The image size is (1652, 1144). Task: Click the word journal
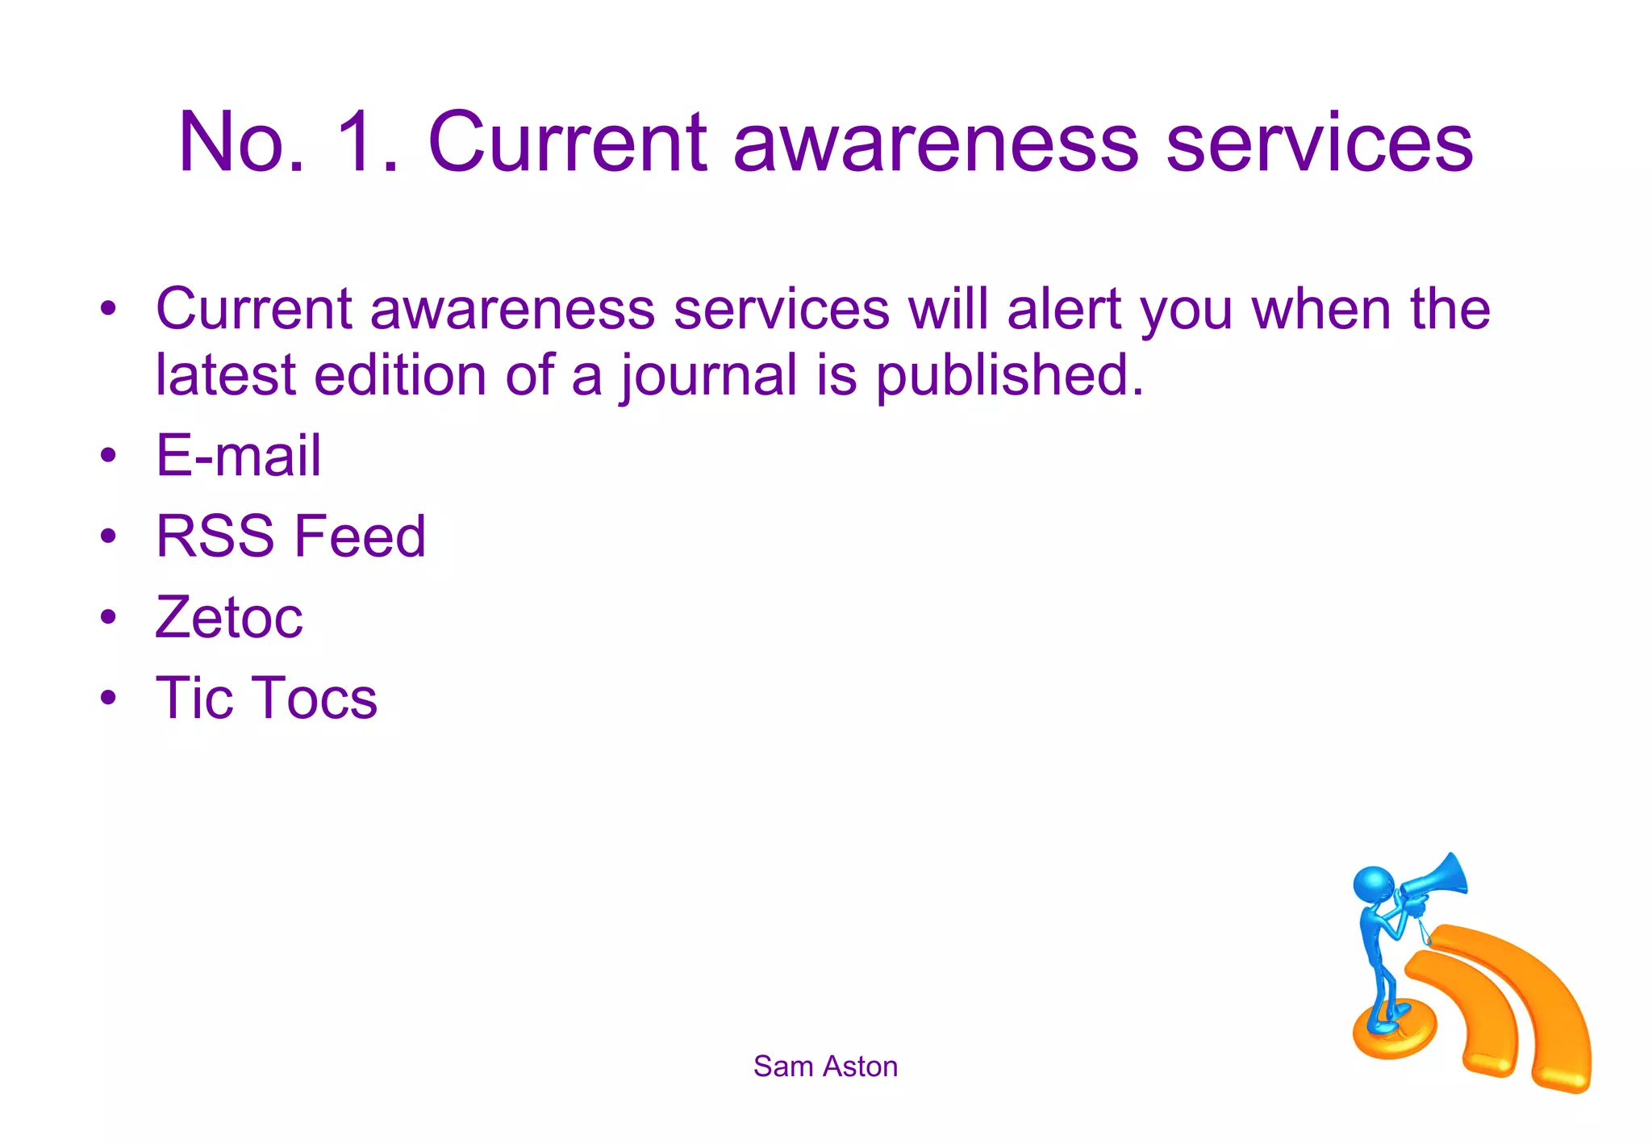pos(708,377)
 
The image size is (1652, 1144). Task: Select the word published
pos(1009,377)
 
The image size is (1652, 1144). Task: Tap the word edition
pos(400,375)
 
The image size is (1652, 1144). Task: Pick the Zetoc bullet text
pos(229,617)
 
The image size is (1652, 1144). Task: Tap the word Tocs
pos(316,698)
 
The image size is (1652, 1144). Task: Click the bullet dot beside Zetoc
pos(109,617)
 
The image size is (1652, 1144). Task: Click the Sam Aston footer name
pos(825,1067)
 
